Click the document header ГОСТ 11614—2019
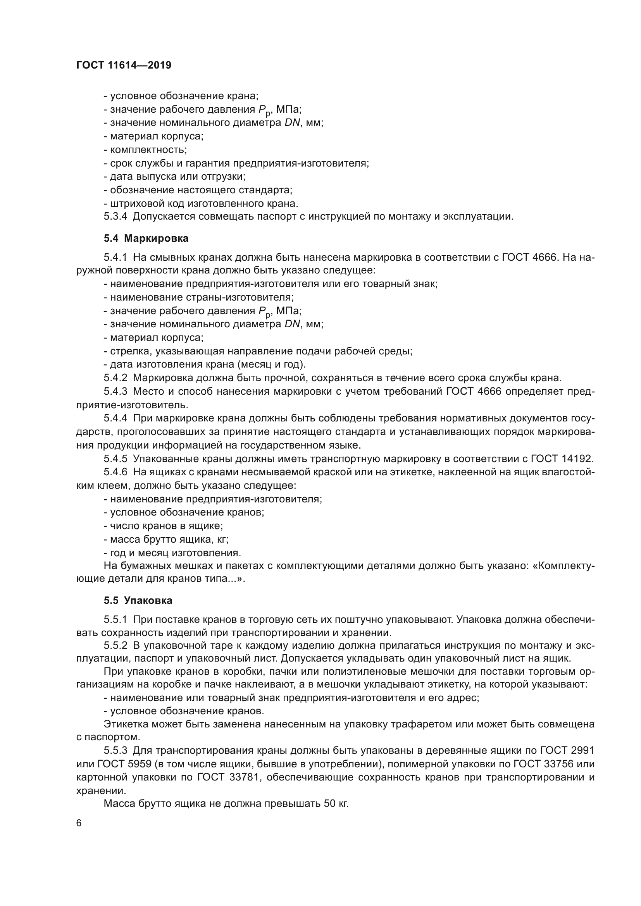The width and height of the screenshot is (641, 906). [x=124, y=65]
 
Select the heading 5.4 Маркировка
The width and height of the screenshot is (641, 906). [x=146, y=238]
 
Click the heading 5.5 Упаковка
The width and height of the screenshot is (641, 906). [x=138, y=601]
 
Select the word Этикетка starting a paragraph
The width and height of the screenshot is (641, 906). [x=126, y=724]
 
